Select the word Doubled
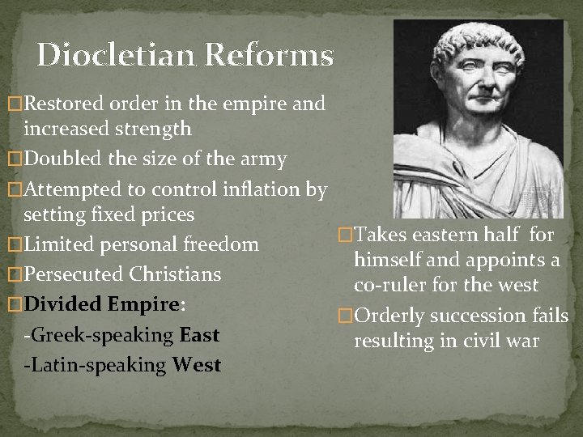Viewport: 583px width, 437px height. click(62, 159)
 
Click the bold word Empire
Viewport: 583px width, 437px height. click(144, 304)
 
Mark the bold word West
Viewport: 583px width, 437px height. click(197, 365)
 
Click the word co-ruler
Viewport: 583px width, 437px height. click(387, 286)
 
